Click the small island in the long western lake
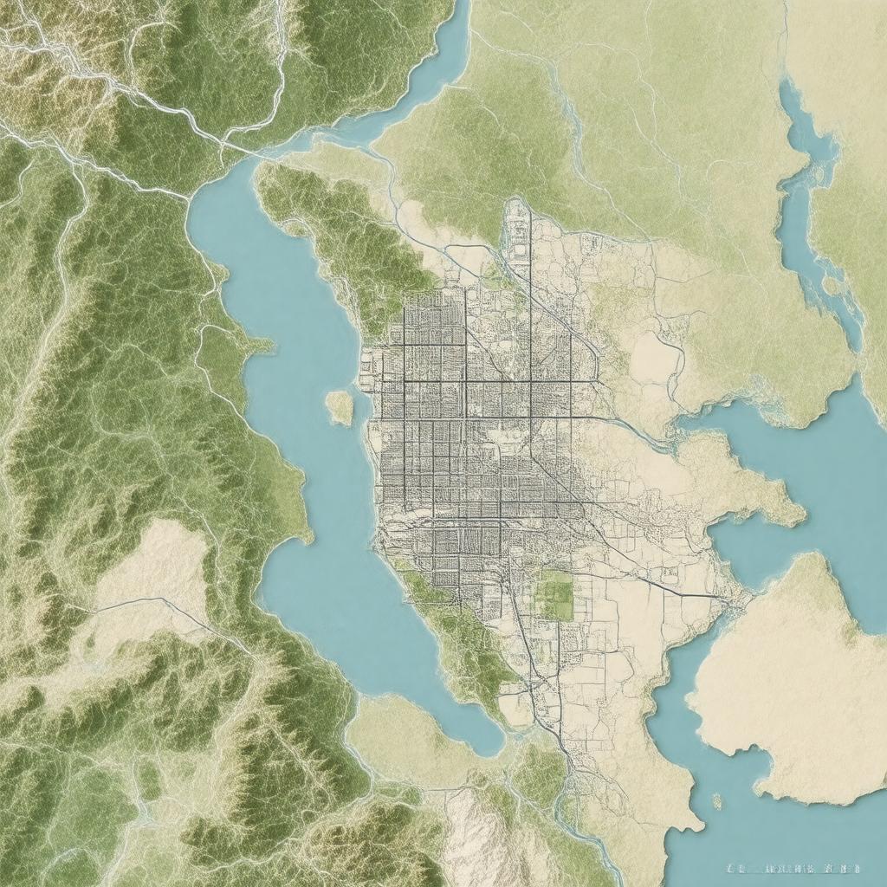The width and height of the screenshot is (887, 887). point(340,407)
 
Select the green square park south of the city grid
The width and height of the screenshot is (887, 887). point(556,595)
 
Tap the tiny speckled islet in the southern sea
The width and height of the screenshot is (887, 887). point(716,801)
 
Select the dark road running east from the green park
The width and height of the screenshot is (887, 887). point(658,585)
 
